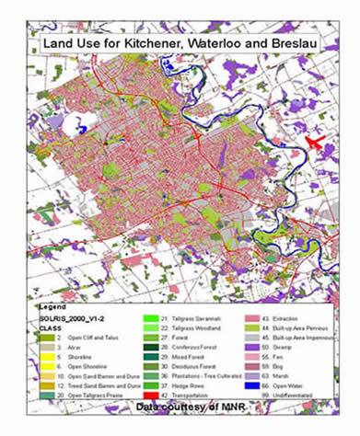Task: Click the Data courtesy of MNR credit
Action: tap(180, 406)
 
